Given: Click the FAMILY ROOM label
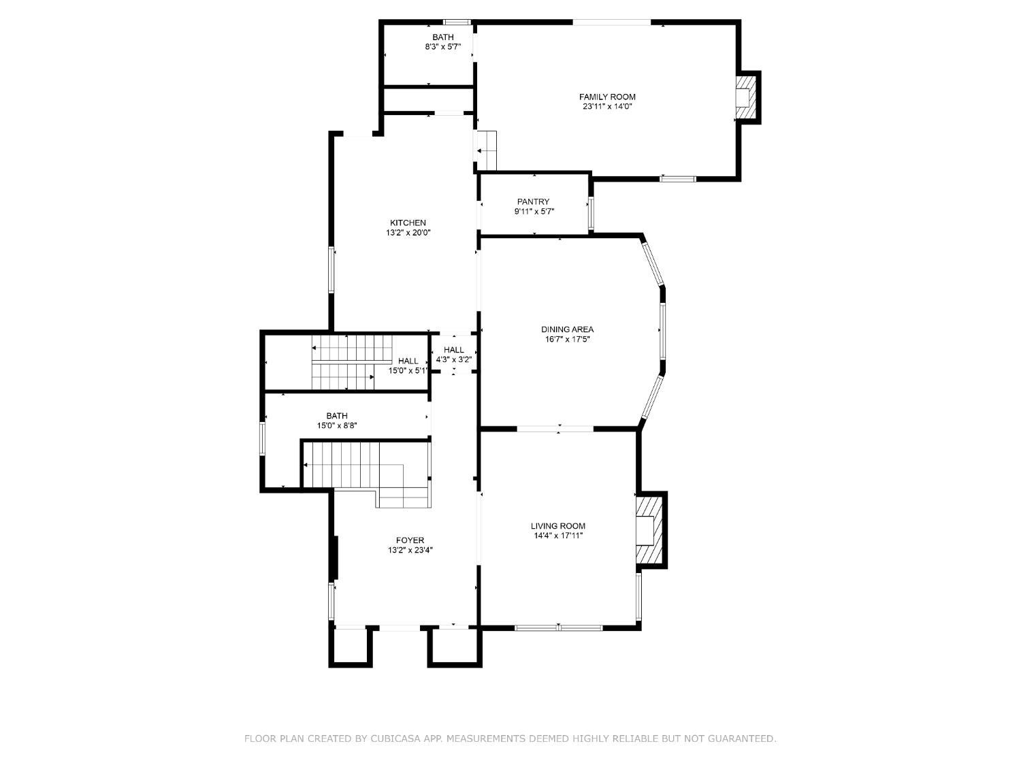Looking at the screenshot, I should click(607, 97).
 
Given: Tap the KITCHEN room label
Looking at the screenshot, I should click(408, 223).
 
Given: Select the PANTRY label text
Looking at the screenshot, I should click(533, 201).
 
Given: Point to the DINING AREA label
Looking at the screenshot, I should click(567, 329).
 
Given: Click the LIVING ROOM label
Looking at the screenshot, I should click(557, 525).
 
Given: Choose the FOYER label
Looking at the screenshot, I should click(410, 540).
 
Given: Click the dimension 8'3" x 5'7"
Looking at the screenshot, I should click(442, 47).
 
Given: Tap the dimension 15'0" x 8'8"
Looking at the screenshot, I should click(337, 425).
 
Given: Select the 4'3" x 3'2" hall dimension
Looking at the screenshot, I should click(454, 359).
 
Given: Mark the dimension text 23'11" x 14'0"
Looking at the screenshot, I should click(607, 106).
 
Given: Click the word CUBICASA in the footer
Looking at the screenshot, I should click(396, 738).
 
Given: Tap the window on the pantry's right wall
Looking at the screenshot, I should click(591, 213).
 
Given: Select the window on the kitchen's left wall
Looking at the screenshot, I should click(331, 270).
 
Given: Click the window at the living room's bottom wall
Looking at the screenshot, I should click(558, 628).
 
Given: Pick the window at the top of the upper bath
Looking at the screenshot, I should click(457, 22).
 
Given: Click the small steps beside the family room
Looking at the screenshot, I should click(486, 150).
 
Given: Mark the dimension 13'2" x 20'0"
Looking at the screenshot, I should click(408, 233).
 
